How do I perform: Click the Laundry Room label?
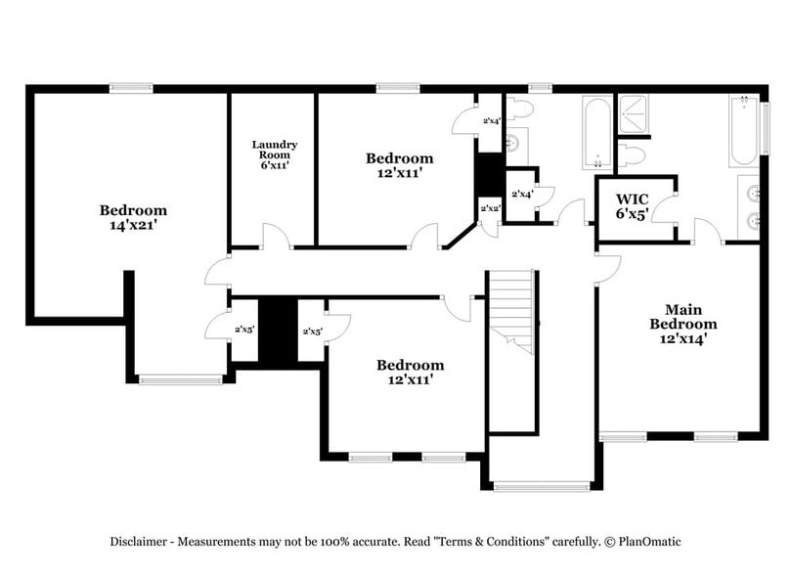[273, 150]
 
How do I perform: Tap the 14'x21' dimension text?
[133, 225]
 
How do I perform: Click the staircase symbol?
[512, 311]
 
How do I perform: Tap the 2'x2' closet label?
[489, 208]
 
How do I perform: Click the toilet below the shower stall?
[631, 155]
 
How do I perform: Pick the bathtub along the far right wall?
[743, 132]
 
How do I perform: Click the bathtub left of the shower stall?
[595, 132]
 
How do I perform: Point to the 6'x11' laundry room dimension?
[273, 165]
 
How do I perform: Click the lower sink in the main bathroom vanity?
[752, 220]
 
